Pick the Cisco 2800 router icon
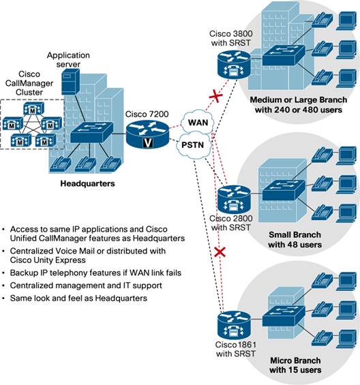(x=231, y=200)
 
